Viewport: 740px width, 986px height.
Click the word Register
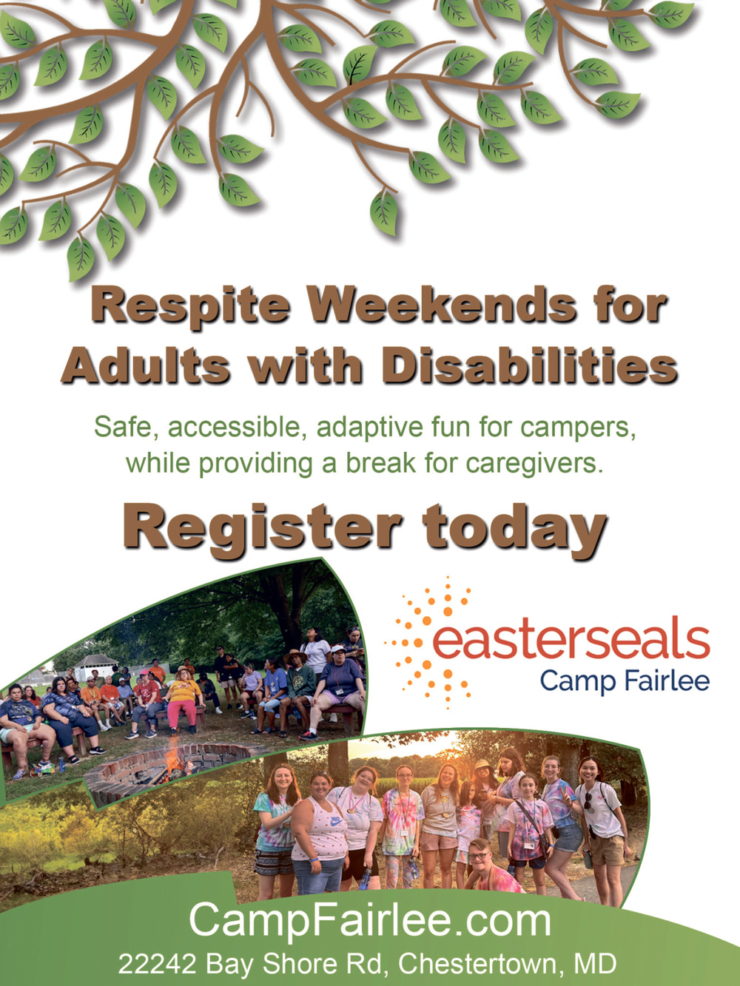[263, 528]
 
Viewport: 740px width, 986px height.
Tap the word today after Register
[515, 528]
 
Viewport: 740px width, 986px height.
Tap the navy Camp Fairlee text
[625, 681]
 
